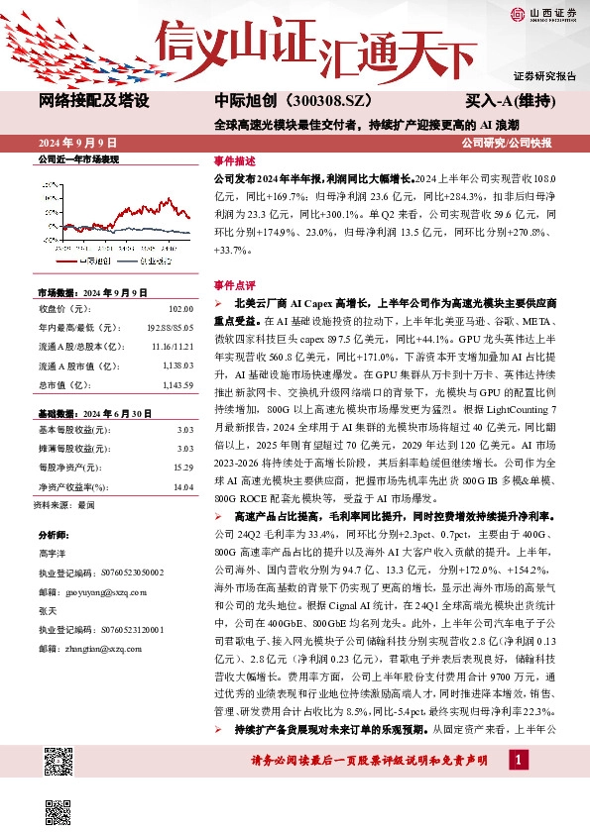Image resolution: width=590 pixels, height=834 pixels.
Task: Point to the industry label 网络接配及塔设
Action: pos(93,101)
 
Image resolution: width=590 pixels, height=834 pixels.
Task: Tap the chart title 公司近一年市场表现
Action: pos(77,158)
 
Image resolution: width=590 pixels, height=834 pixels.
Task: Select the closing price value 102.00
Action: pos(178,310)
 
